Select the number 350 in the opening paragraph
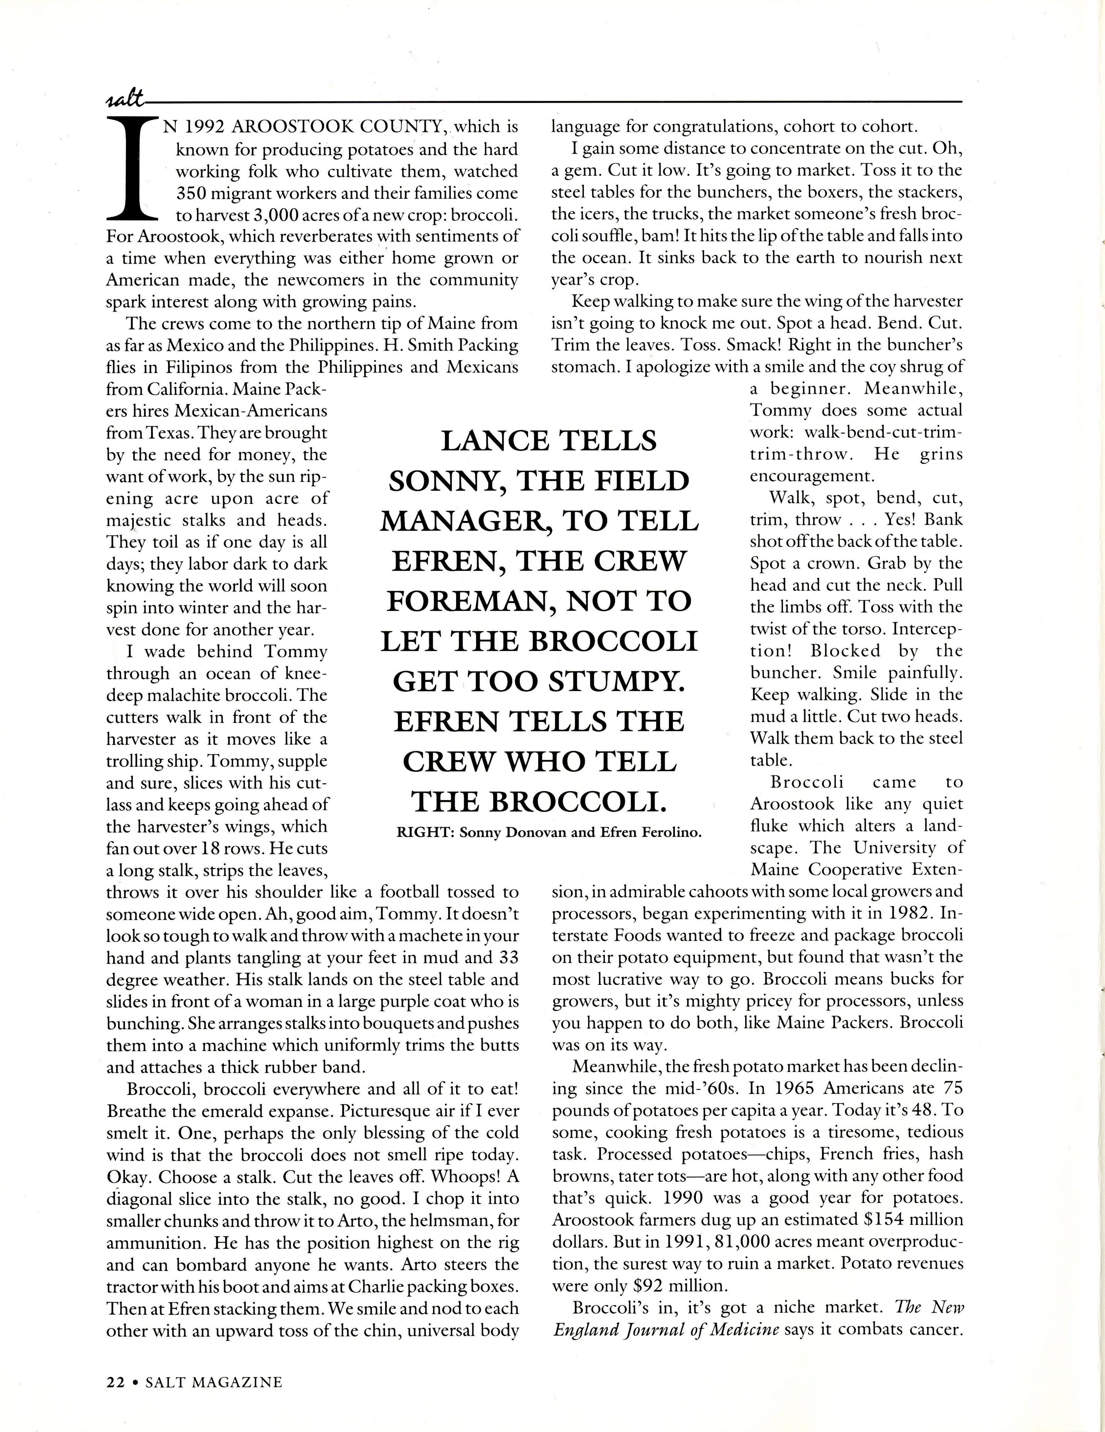tap(191, 193)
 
